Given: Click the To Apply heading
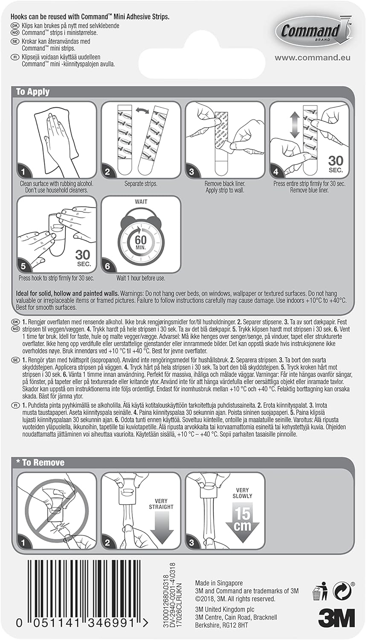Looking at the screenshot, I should (33, 92).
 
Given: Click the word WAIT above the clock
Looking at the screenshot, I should (141, 202).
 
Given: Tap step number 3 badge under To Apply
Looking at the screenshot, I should (192, 172).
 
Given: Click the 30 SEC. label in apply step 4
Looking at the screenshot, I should (336, 165).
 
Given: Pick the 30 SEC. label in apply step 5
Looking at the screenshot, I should (83, 259).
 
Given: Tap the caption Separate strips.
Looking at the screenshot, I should (141, 184).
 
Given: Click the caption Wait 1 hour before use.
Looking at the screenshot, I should (141, 278).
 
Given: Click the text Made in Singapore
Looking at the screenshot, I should (219, 583).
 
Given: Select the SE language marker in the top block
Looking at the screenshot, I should (14, 41).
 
